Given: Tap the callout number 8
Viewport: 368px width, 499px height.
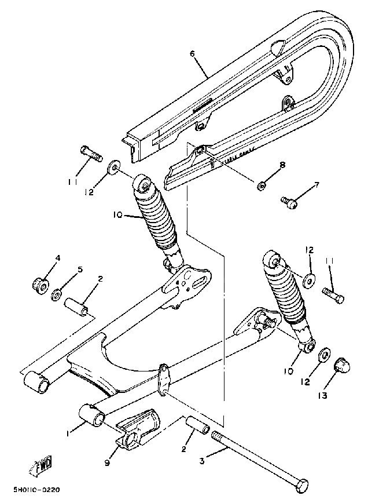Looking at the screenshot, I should click(x=282, y=165).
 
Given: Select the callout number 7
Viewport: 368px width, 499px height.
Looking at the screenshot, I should click(x=316, y=185).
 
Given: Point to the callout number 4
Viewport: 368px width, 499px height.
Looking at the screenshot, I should click(x=58, y=258).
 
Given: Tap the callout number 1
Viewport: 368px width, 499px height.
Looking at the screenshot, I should click(x=69, y=434).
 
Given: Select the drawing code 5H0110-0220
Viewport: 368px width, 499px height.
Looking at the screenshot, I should click(x=36, y=490).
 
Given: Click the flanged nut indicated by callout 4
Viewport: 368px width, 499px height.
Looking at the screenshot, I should click(x=41, y=285).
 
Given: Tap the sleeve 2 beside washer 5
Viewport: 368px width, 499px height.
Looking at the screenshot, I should click(x=78, y=306).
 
